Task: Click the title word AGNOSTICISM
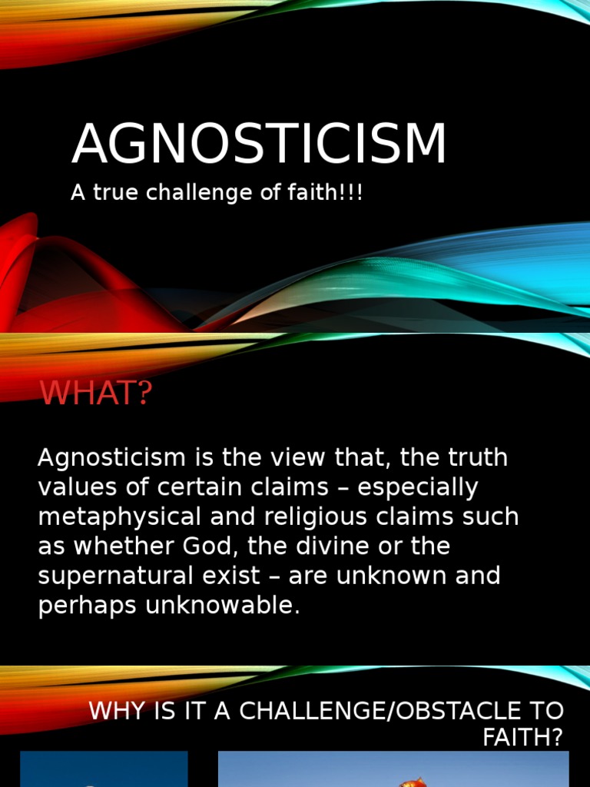click(x=259, y=144)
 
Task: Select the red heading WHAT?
click(x=97, y=394)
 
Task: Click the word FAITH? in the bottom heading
click(x=522, y=739)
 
